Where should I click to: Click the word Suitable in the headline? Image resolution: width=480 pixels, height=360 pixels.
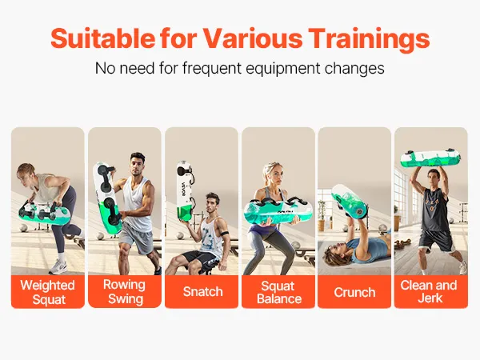[103, 38]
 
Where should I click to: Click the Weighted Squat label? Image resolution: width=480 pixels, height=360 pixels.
[48, 292]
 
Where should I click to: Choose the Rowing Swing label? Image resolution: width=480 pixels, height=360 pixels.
[125, 291]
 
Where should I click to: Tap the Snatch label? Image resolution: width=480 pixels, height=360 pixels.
[202, 291]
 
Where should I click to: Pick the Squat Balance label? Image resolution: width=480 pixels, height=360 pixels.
[279, 292]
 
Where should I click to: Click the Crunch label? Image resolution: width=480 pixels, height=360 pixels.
[354, 292]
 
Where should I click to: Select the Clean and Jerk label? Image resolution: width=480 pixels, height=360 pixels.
[429, 291]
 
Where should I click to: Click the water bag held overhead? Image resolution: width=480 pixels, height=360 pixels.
[430, 158]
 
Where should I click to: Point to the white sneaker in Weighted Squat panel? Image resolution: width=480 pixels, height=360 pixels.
[58, 267]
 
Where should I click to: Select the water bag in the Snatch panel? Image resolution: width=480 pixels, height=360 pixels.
[185, 190]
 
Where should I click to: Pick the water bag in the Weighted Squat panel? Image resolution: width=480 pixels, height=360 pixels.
[45, 213]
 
